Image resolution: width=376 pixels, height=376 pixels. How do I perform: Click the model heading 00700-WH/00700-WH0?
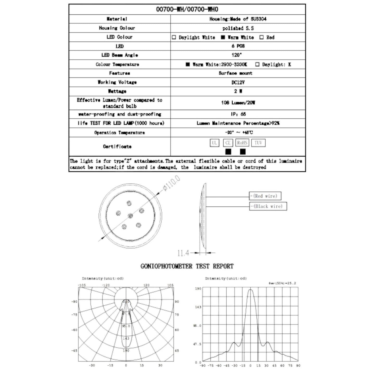187,10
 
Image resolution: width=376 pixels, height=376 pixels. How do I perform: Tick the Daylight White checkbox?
174,37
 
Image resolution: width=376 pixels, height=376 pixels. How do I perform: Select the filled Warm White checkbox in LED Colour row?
223,37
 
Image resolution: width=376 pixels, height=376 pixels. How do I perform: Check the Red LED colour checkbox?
262,37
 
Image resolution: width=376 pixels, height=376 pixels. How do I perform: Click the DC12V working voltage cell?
238,82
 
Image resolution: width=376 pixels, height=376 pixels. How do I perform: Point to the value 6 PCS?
238,46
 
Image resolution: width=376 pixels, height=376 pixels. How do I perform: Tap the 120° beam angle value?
237,55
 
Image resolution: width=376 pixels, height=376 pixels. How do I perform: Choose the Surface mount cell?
235,73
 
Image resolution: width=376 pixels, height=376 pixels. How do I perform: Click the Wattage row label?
117,91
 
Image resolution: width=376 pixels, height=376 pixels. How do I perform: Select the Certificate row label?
117,146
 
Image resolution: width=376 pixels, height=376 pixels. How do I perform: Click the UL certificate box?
214,143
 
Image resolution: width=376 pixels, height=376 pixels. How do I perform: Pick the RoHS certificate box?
242,143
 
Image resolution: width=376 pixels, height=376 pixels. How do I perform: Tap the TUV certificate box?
258,143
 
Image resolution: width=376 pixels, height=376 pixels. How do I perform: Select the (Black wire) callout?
268,206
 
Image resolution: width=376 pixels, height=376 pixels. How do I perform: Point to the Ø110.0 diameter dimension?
171,183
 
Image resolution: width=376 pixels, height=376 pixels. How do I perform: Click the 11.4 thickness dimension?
183,253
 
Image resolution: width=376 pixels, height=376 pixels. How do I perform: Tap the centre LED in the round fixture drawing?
130,216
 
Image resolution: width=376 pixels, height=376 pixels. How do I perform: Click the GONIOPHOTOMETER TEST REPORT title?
187,266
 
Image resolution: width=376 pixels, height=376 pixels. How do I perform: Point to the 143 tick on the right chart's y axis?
198,307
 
